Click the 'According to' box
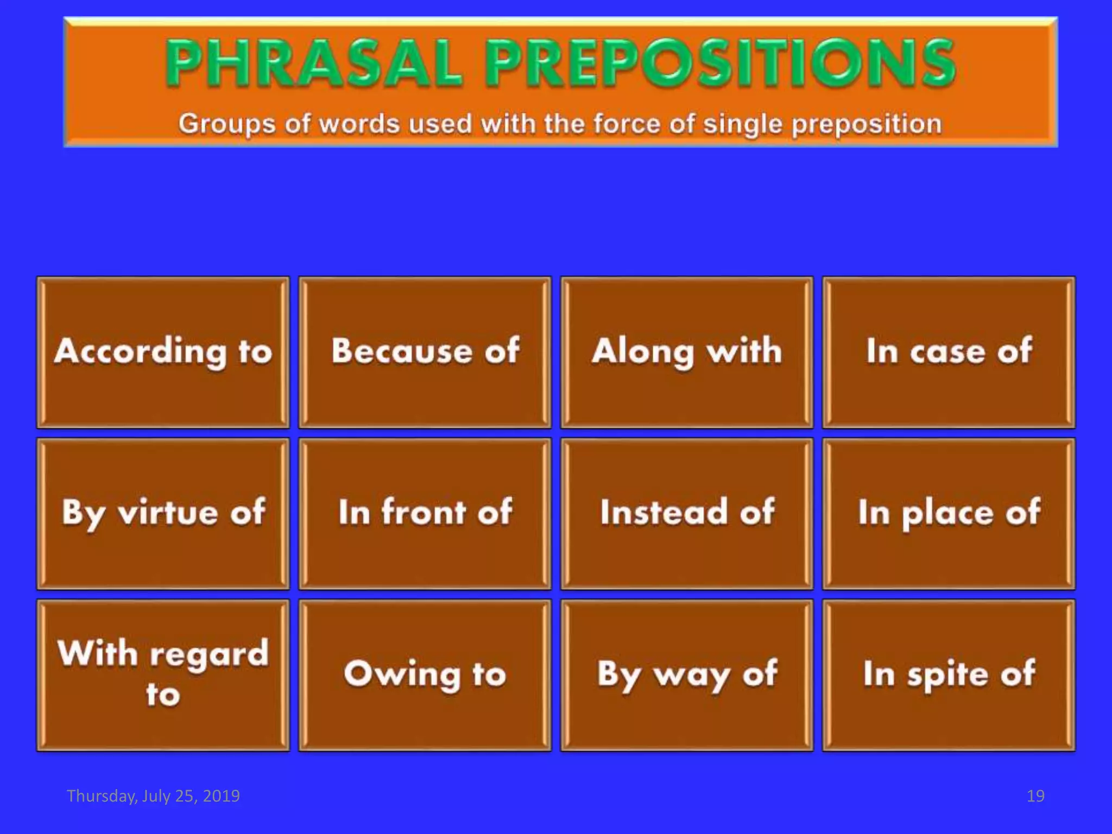click(x=163, y=352)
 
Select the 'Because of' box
click(x=425, y=352)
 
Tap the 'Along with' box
click(x=687, y=352)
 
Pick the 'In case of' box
click(x=949, y=352)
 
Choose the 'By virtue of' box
click(x=163, y=513)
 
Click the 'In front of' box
click(x=425, y=513)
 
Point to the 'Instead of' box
click(x=687, y=513)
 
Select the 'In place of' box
click(x=949, y=513)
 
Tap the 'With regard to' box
click(x=163, y=674)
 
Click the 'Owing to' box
click(x=425, y=674)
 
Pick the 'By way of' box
click(x=687, y=674)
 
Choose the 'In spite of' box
click(x=949, y=674)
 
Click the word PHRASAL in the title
click(x=314, y=64)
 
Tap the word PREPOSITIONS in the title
click(x=719, y=64)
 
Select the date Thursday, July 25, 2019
click(x=153, y=796)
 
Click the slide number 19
click(x=1035, y=796)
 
